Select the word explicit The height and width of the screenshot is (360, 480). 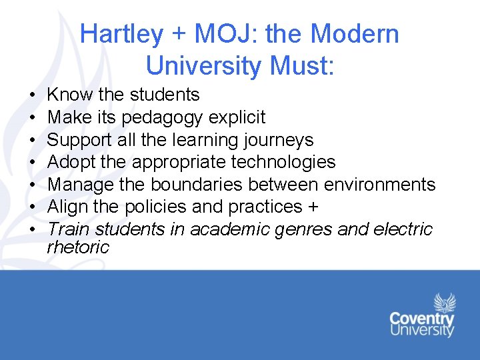tap(237, 117)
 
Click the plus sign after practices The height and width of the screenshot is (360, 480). tap(313, 207)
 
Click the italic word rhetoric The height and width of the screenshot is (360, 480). tap(77, 247)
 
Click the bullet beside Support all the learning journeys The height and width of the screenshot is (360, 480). tap(33, 140)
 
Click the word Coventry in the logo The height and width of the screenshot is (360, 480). tap(422, 318)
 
